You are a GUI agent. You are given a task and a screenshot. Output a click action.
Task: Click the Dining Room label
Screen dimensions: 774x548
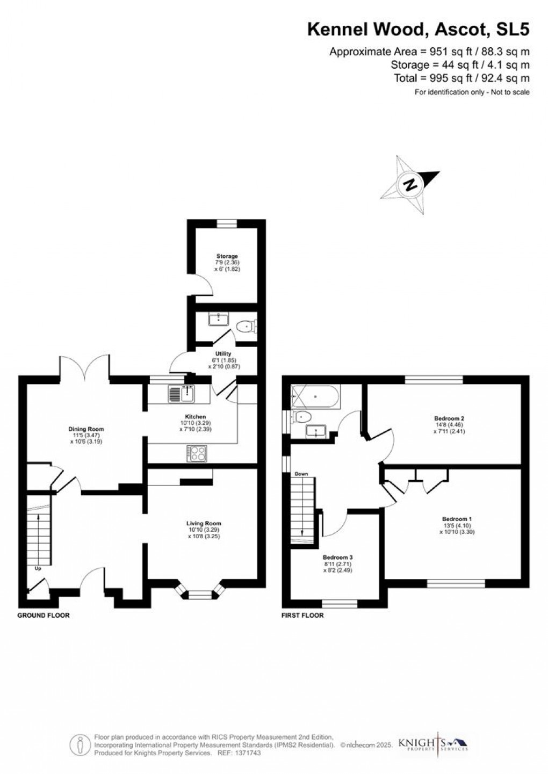(x=86, y=429)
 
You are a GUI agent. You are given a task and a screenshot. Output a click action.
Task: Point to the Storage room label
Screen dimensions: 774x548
(x=227, y=256)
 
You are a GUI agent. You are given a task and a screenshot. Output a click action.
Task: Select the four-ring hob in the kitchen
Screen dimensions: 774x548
(x=197, y=453)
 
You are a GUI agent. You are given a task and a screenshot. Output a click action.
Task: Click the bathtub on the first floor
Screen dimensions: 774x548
(x=314, y=397)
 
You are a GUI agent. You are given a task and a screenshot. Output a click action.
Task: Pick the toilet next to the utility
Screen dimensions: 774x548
(x=248, y=325)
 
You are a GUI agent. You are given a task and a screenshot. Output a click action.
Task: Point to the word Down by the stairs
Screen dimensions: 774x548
(x=301, y=474)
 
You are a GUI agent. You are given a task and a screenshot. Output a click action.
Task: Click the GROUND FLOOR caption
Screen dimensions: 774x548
(x=44, y=615)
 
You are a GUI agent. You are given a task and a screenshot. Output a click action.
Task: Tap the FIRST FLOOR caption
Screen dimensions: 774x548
(x=302, y=615)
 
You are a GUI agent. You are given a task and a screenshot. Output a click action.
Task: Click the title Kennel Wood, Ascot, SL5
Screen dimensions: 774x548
(x=418, y=30)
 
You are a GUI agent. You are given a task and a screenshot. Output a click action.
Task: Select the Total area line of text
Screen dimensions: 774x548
(x=462, y=78)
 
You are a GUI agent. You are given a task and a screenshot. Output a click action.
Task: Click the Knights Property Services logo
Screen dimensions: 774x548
(x=432, y=744)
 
